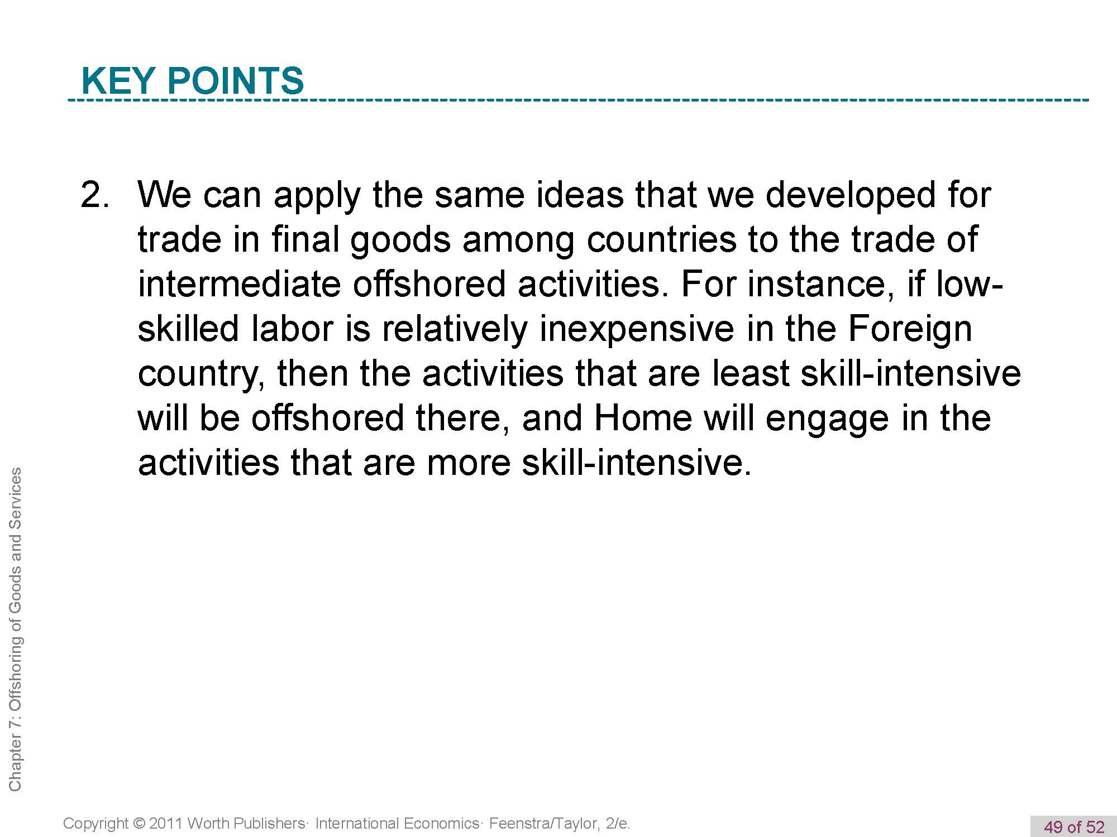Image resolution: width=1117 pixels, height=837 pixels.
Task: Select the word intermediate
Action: click(x=239, y=285)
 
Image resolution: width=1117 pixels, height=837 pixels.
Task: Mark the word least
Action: click(x=751, y=374)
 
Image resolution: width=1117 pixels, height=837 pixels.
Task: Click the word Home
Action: click(x=643, y=419)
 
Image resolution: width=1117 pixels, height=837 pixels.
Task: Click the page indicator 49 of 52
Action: click(x=1074, y=826)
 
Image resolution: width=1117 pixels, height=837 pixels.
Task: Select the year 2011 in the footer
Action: click(x=165, y=823)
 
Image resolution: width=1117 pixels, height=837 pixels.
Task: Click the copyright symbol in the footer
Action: click(x=139, y=824)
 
